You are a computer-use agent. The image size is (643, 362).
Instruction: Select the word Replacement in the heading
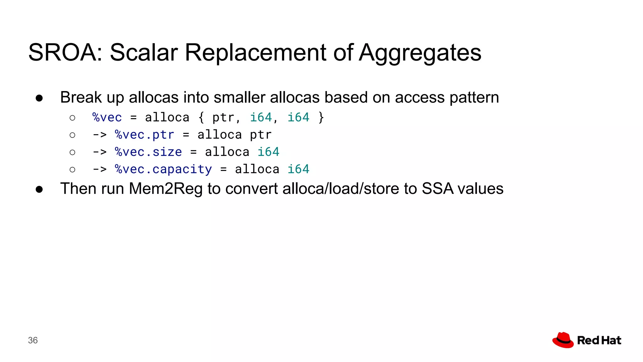click(x=256, y=52)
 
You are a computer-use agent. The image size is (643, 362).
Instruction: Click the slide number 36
click(x=33, y=340)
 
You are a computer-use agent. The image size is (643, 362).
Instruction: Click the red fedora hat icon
click(x=563, y=340)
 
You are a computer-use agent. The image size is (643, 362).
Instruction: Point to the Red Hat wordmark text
click(x=599, y=340)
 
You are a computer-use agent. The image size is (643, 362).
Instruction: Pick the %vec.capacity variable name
click(x=163, y=169)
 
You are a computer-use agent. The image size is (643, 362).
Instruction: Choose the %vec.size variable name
click(x=148, y=152)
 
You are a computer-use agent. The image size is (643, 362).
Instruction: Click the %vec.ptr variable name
click(x=144, y=135)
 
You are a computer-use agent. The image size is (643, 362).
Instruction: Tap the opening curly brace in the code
click(x=201, y=118)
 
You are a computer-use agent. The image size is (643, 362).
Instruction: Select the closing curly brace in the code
click(x=321, y=118)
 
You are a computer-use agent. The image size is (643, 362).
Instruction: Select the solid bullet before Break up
click(x=39, y=98)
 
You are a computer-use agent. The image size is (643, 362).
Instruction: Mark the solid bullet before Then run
click(x=39, y=189)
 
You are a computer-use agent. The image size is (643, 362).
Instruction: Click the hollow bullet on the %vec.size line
click(x=73, y=152)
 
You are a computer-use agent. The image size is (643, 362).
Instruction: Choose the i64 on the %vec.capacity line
click(x=298, y=169)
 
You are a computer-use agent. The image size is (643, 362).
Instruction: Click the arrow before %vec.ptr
click(x=100, y=135)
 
